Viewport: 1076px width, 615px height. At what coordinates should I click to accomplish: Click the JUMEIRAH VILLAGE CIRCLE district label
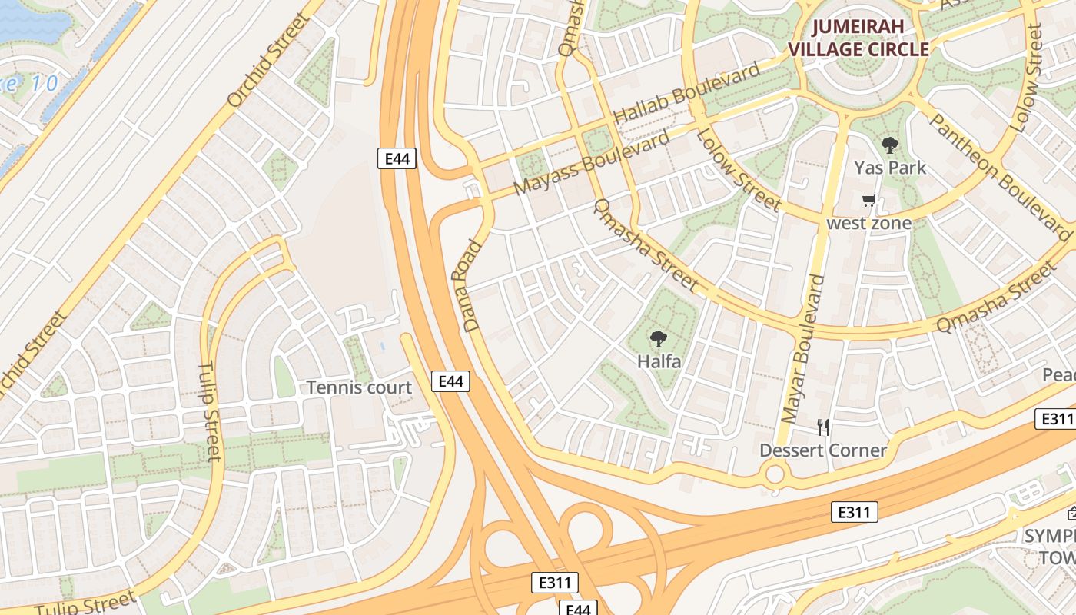(x=870, y=38)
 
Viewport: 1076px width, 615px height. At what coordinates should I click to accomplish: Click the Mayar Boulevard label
(x=802, y=349)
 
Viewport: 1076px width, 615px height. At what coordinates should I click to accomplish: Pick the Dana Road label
(x=472, y=286)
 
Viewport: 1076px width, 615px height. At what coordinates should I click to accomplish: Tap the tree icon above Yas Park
(x=889, y=145)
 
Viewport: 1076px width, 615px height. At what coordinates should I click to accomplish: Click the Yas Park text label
(x=889, y=167)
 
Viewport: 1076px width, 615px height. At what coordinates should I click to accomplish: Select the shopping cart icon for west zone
(x=868, y=201)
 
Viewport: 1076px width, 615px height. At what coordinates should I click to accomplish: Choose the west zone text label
(x=868, y=223)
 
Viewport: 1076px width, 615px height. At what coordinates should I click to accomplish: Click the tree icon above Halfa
(x=658, y=338)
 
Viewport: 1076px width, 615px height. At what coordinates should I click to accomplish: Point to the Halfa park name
(x=659, y=360)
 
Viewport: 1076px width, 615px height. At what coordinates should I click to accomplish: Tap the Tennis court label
(x=359, y=387)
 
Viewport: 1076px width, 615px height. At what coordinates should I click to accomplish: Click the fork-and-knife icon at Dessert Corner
(x=822, y=427)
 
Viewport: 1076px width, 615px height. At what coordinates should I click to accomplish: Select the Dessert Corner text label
(x=822, y=450)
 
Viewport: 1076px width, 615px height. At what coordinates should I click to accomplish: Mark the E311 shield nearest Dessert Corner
(x=854, y=512)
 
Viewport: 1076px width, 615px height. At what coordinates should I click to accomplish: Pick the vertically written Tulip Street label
(x=210, y=411)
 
